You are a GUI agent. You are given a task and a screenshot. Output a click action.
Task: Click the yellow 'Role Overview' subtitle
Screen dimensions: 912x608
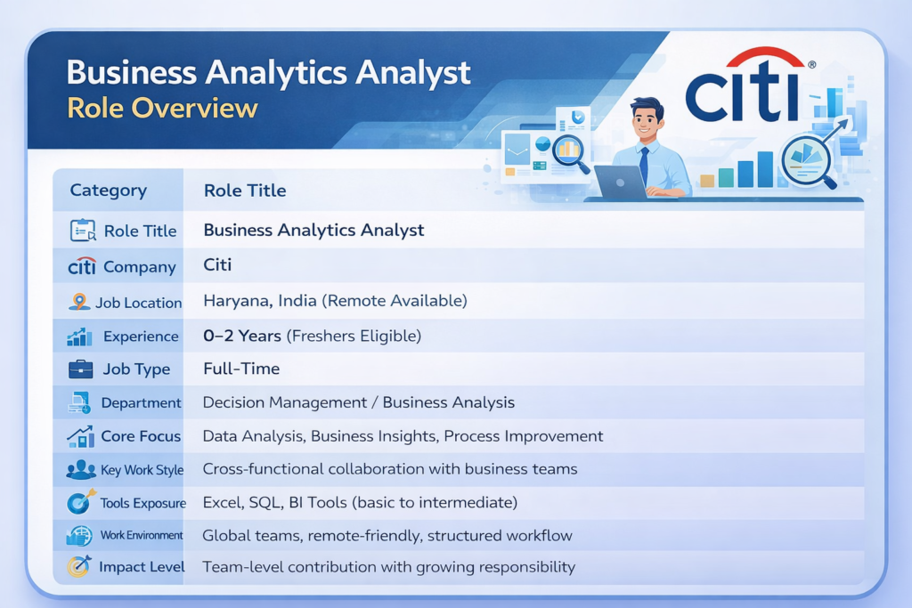(x=162, y=108)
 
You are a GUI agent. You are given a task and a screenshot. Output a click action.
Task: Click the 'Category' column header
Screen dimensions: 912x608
(x=108, y=191)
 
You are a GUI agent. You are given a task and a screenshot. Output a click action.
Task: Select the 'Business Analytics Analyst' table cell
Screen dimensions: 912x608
(x=313, y=231)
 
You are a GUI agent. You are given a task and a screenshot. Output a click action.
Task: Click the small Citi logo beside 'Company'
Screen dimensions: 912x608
(x=81, y=266)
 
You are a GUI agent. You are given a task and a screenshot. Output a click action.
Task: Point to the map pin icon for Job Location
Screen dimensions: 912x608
(x=79, y=302)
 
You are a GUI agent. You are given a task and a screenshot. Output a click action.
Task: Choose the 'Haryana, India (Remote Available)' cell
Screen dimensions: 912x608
(x=335, y=301)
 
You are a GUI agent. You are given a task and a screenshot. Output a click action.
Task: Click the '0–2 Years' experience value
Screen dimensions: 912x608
(x=242, y=336)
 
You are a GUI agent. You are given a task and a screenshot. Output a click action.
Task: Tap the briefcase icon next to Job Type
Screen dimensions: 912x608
(x=80, y=369)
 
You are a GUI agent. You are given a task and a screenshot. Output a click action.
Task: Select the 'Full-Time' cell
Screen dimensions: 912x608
(x=241, y=369)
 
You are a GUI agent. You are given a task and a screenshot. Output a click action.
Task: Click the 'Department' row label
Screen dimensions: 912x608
(x=141, y=403)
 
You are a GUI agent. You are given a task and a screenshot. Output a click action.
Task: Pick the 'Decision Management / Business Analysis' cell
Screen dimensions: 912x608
(x=358, y=402)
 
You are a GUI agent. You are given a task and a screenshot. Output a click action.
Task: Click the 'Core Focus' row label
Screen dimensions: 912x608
(x=141, y=436)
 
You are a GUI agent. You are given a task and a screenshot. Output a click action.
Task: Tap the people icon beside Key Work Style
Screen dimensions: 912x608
(x=81, y=470)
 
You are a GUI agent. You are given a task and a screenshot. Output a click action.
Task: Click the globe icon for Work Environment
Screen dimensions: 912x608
(x=79, y=535)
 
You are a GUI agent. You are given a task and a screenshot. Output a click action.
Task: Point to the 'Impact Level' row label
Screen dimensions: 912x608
(x=142, y=567)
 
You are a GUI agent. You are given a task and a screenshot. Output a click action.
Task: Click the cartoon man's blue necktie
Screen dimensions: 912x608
(x=644, y=165)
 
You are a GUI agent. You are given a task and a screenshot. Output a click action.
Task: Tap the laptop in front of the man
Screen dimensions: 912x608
(x=620, y=182)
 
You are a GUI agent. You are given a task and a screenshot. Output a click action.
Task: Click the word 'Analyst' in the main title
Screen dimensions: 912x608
(x=412, y=73)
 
